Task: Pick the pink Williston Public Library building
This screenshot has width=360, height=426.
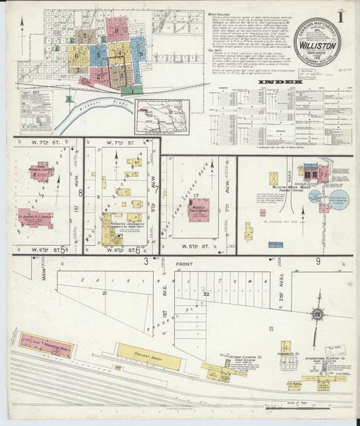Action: pos(199,209)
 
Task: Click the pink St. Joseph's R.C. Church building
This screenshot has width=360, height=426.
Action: pos(35,217)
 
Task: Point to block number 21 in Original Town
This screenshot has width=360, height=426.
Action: pos(105,293)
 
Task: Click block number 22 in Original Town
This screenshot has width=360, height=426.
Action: pos(206,294)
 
